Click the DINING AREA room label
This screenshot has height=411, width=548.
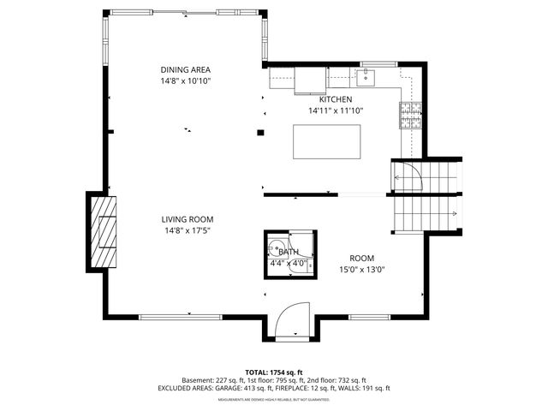click(x=186, y=69)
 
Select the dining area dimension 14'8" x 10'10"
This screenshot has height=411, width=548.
click(x=186, y=80)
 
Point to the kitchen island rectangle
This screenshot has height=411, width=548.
click(x=326, y=141)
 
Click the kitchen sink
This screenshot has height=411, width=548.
click(x=365, y=79)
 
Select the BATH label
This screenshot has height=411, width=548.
click(x=289, y=252)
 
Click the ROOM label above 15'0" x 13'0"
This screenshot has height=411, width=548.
click(x=361, y=258)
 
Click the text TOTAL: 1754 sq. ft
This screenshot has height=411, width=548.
click(x=273, y=372)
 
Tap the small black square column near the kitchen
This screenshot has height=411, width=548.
click(x=261, y=132)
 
